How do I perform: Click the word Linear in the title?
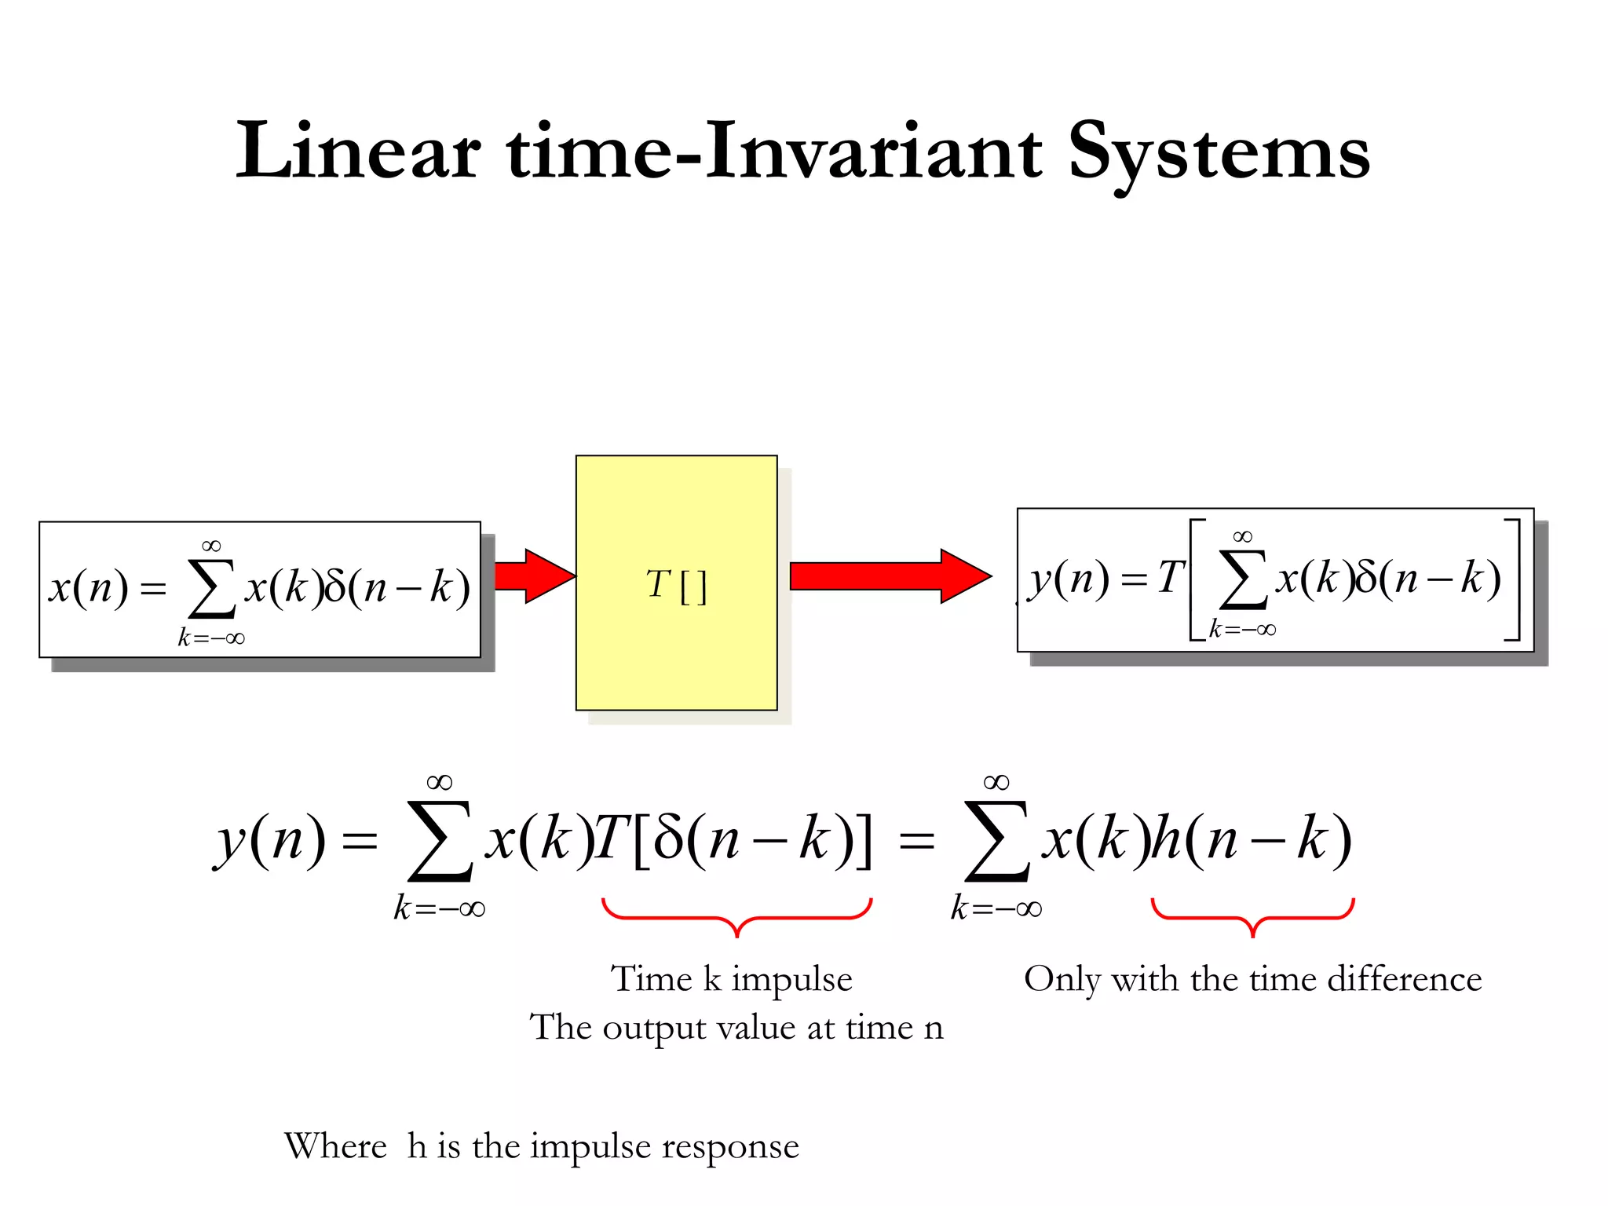(x=358, y=151)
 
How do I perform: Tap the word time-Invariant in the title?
(x=775, y=151)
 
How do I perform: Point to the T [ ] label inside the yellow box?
(x=676, y=585)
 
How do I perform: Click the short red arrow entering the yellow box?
(x=534, y=576)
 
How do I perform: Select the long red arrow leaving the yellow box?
(x=890, y=576)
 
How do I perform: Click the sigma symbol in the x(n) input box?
(x=212, y=590)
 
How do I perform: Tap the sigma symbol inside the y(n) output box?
(x=1243, y=581)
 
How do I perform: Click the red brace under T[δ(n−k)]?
(x=736, y=916)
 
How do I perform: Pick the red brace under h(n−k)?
(x=1252, y=916)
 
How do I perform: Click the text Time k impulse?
(x=732, y=979)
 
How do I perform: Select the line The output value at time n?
(x=736, y=1027)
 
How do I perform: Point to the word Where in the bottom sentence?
(x=335, y=1146)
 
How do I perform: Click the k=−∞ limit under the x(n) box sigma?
(x=211, y=638)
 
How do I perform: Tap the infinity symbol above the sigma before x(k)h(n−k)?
(x=996, y=782)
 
